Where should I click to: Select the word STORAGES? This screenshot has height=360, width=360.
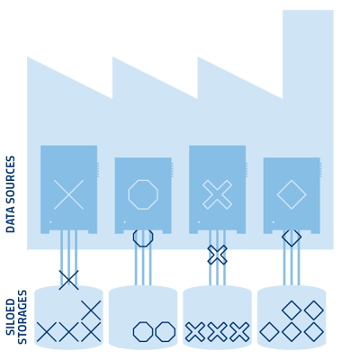coord(22,317)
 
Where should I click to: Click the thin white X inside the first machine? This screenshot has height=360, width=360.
coord(68,194)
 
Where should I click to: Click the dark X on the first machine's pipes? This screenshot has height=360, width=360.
coord(68,280)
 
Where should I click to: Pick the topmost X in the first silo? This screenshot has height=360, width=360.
coord(91,310)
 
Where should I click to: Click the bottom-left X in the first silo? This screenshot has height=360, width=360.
coord(47,332)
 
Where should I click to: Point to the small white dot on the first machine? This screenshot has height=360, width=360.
coord(50,222)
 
